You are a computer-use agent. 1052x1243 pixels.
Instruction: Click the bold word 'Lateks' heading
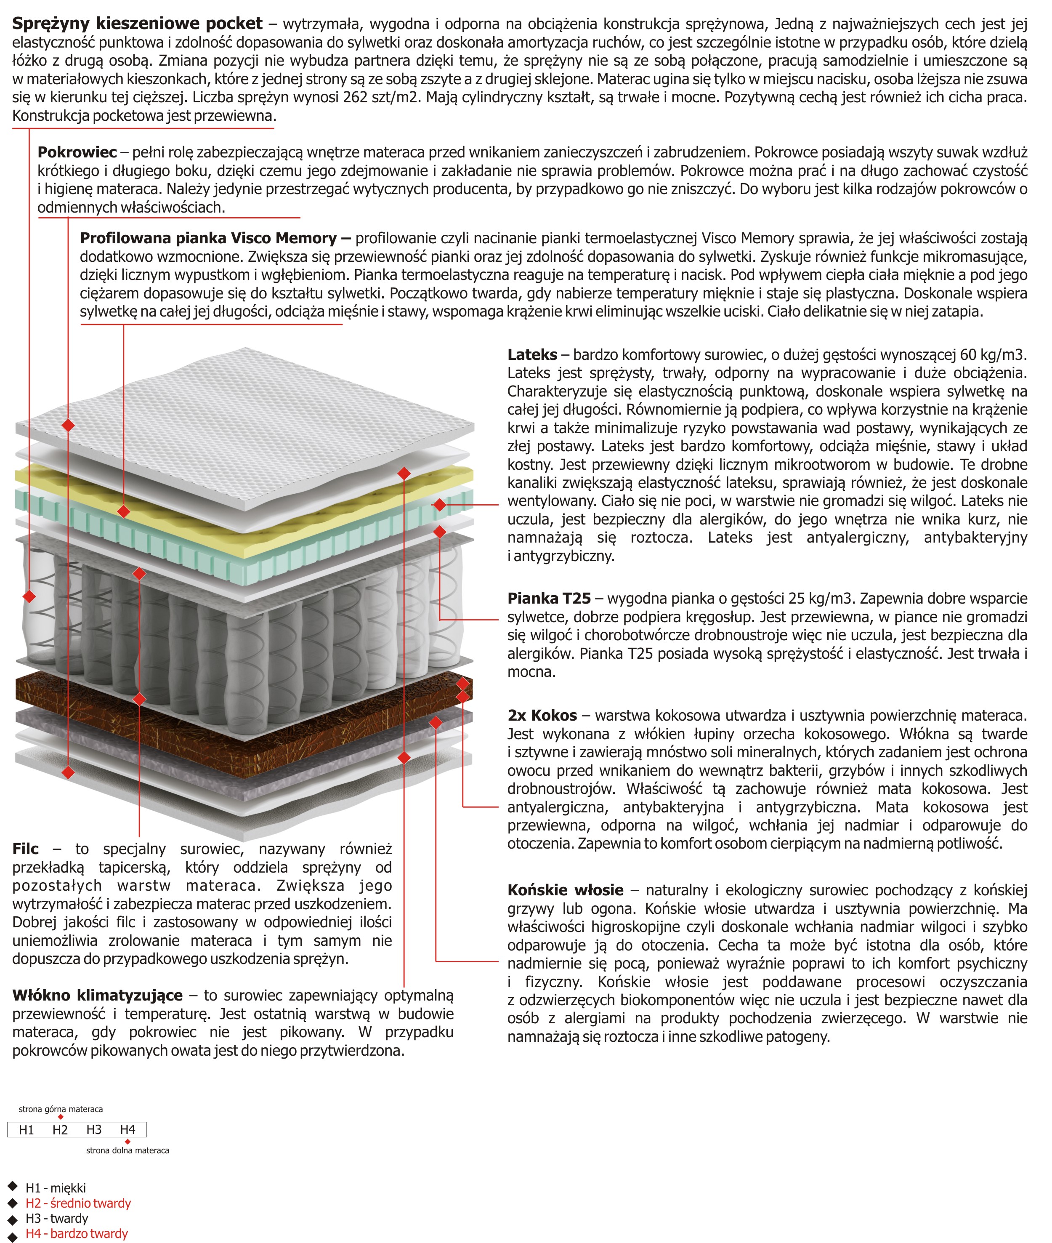pyautogui.click(x=532, y=354)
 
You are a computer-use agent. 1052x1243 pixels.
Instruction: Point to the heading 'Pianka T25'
pyautogui.click(x=549, y=598)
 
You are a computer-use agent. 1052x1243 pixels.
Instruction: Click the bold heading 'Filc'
pyautogui.click(x=25, y=849)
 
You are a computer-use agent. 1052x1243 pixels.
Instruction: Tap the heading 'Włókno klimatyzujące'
pyautogui.click(x=97, y=995)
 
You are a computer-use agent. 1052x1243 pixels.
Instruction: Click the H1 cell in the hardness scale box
pyautogui.click(x=26, y=1129)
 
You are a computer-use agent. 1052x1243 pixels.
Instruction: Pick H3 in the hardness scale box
pyautogui.click(x=94, y=1129)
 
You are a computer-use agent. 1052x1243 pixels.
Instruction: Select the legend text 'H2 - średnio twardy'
pyautogui.click(x=77, y=1203)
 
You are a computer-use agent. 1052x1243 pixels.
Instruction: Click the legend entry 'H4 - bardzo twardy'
pyautogui.click(x=76, y=1233)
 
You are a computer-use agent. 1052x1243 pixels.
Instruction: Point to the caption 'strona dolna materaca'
pyautogui.click(x=127, y=1150)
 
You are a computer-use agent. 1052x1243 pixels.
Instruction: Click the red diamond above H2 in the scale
pyautogui.click(x=60, y=1117)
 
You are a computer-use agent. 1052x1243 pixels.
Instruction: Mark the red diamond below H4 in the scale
pyautogui.click(x=128, y=1142)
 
